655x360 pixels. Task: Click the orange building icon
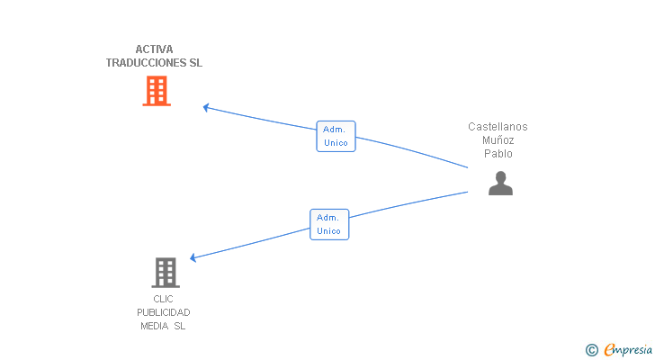tap(157, 91)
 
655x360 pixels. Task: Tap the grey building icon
tap(166, 273)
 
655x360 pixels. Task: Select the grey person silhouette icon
tap(500, 183)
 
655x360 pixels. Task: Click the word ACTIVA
tap(154, 49)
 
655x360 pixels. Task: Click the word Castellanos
tap(498, 127)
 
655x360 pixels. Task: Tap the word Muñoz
tap(498, 139)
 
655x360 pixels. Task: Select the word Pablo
tap(498, 154)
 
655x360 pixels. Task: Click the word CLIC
tap(163, 299)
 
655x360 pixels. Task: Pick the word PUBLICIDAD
tap(164, 312)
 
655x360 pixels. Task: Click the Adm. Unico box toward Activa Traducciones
tap(336, 136)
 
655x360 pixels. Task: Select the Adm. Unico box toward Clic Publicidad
tap(329, 224)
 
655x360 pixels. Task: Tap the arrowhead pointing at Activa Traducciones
tap(206, 108)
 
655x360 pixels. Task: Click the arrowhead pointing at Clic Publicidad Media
tap(193, 257)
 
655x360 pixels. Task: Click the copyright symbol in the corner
tap(591, 350)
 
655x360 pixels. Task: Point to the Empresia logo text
tap(628, 350)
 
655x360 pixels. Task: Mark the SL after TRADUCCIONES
tap(196, 63)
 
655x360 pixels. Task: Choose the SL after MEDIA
tap(180, 326)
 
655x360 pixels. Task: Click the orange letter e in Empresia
tap(610, 349)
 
